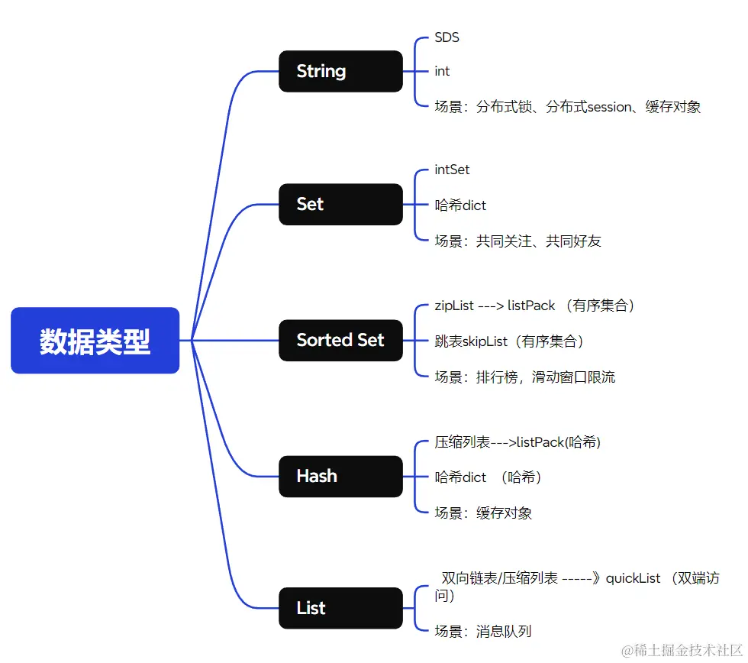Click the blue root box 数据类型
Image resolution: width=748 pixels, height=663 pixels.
[x=95, y=341]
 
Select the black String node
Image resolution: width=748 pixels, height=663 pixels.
[x=340, y=71]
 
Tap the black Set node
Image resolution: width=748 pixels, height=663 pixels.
[x=340, y=204]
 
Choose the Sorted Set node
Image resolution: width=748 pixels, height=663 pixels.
[x=340, y=340]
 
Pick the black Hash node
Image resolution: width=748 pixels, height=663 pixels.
[x=340, y=476]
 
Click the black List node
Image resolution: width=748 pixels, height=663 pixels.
[x=340, y=608]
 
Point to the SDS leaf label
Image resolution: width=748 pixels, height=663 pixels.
[x=447, y=37]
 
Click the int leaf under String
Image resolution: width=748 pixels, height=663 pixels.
[x=442, y=71]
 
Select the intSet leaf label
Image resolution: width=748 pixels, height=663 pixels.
[x=453, y=170]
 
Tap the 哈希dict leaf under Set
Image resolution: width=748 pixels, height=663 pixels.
[x=460, y=205]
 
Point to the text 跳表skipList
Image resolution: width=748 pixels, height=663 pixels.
[x=472, y=341]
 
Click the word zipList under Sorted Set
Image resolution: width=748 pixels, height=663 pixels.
[x=454, y=306]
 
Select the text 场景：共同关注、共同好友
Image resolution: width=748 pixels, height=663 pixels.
[x=518, y=241]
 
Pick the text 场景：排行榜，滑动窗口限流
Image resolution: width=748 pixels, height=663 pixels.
[x=525, y=377]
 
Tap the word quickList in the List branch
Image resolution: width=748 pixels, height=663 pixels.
[x=633, y=578]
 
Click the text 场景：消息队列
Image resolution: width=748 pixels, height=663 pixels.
[x=483, y=631]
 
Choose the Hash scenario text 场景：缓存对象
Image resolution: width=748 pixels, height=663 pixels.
[x=483, y=513]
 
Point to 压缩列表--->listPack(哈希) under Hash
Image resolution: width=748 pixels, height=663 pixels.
[x=517, y=441]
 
